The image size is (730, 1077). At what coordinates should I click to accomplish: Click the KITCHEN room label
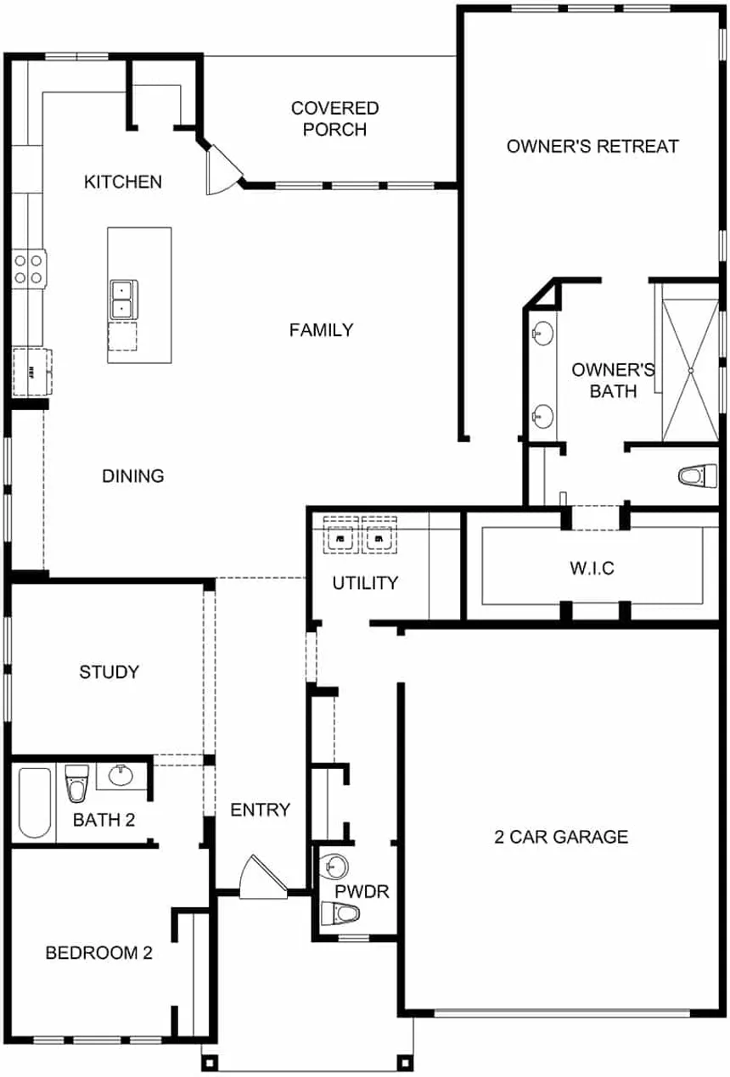click(123, 182)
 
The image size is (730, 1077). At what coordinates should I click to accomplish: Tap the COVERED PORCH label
click(335, 119)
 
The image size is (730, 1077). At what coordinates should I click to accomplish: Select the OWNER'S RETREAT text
click(592, 146)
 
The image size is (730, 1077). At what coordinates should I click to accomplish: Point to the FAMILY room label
click(321, 330)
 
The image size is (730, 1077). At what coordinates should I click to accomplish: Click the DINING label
click(133, 476)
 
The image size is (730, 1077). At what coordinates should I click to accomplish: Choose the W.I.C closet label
click(592, 568)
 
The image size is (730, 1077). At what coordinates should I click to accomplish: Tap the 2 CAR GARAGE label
click(561, 837)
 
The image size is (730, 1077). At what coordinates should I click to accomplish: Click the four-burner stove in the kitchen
click(30, 269)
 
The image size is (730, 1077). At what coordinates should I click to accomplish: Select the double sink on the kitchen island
click(124, 300)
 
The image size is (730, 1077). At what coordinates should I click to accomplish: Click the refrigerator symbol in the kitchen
click(32, 371)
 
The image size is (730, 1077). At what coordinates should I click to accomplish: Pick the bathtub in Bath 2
click(35, 803)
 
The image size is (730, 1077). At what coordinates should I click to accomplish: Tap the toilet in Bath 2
click(77, 783)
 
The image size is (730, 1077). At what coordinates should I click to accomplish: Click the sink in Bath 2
click(121, 776)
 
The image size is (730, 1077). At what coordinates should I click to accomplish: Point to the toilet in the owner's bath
click(698, 475)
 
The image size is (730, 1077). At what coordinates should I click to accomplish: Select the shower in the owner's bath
click(690, 370)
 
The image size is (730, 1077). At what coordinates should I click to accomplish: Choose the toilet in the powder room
click(340, 913)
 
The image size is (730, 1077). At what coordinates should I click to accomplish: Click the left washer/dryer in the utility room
click(340, 536)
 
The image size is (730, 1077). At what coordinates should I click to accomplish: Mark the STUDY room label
click(109, 671)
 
